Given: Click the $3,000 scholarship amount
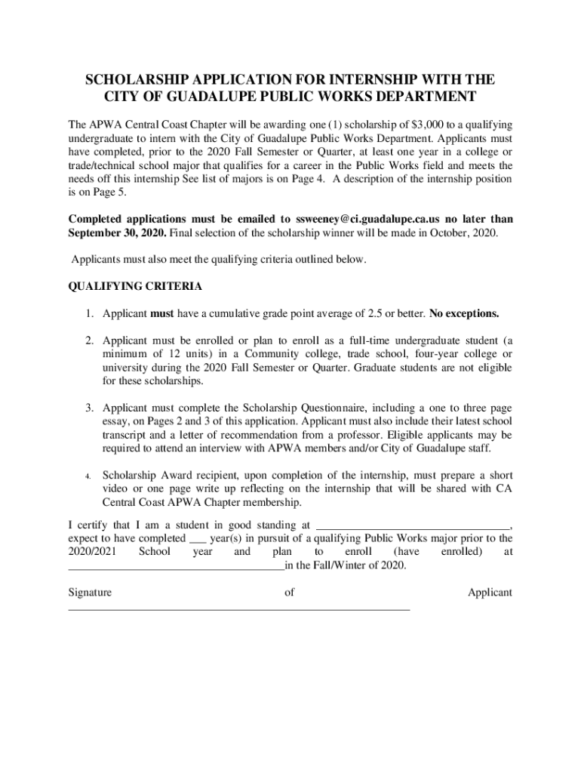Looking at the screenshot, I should coord(408,125).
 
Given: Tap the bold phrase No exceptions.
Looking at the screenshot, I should coord(464,313).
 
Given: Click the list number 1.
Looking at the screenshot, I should coord(88,313).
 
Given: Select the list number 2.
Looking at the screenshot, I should coord(88,340).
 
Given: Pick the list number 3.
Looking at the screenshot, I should coord(88,408).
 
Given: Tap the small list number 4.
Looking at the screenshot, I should coord(88,476).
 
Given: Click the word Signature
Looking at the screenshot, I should coord(90,593).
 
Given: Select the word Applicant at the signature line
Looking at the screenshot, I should coord(490,593).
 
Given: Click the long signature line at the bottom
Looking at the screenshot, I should coord(239,608).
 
